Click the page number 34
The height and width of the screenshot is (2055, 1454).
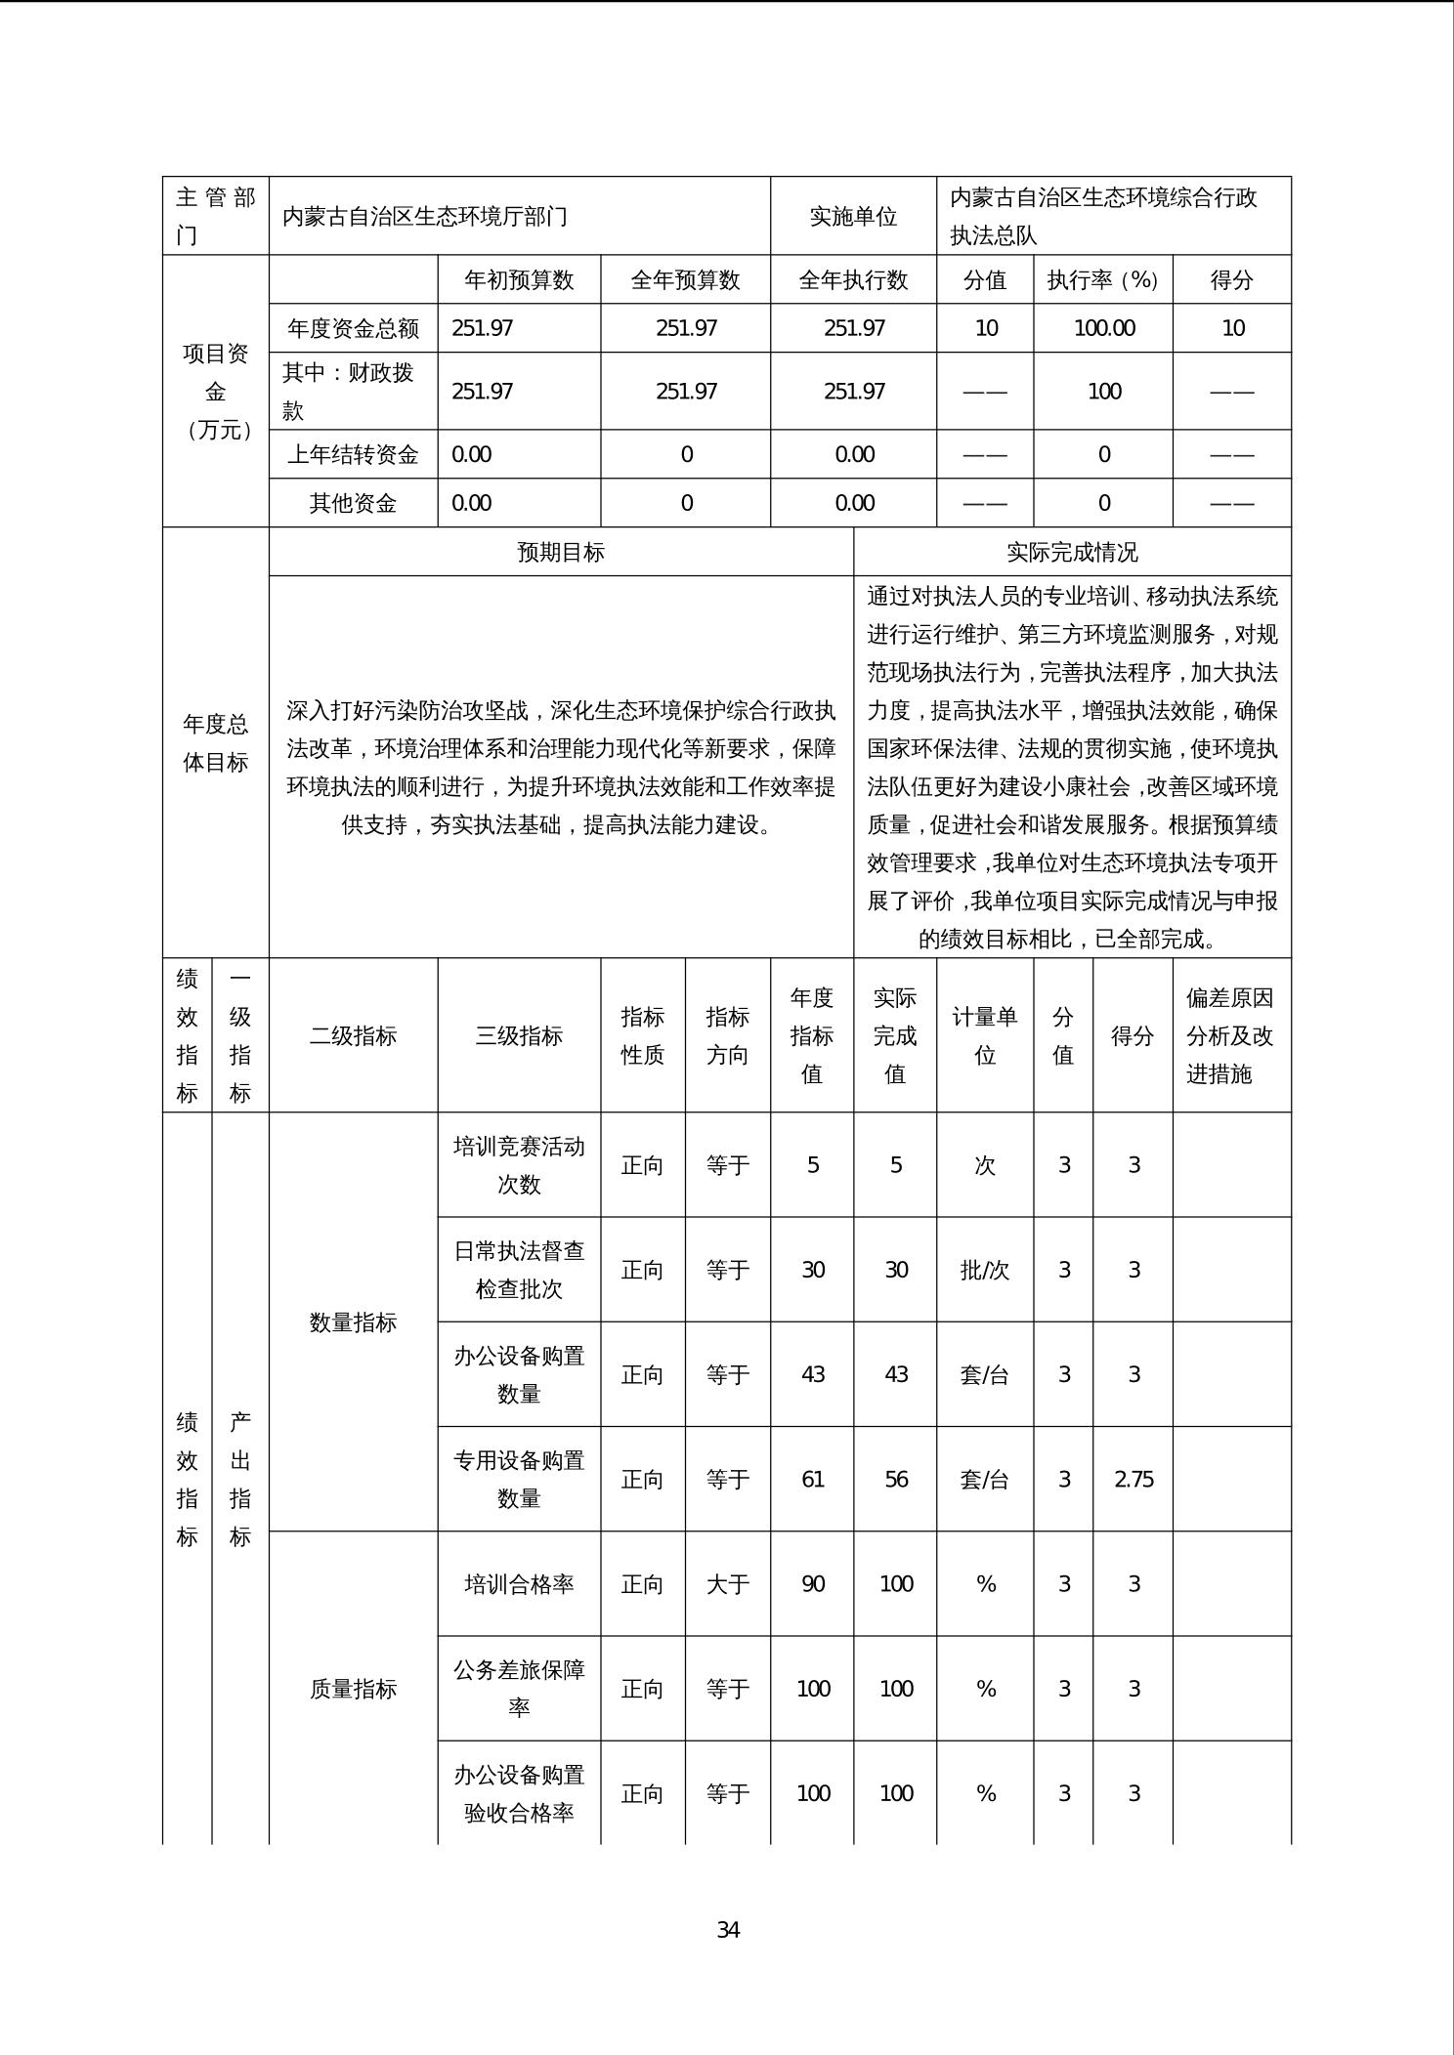point(728,1930)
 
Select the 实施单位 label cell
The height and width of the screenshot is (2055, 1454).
point(853,216)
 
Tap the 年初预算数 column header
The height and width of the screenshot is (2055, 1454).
point(519,280)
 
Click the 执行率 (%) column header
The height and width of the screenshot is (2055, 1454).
point(1102,280)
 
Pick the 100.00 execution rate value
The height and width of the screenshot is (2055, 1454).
point(1104,328)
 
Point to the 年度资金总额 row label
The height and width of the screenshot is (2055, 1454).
point(353,328)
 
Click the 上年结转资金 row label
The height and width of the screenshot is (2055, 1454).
point(353,454)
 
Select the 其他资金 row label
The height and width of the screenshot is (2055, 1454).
point(353,503)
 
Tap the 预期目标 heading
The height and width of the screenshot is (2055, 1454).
point(561,552)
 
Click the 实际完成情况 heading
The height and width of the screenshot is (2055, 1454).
point(1072,552)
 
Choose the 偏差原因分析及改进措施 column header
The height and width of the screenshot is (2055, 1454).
point(1230,1035)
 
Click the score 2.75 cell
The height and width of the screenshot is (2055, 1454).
point(1133,1479)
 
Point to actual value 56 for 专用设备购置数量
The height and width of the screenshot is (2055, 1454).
point(896,1479)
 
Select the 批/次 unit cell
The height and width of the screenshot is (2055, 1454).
point(984,1270)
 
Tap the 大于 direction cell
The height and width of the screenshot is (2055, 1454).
point(727,1583)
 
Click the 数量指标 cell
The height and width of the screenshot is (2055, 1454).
point(353,1322)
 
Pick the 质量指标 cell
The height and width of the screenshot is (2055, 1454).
point(353,1689)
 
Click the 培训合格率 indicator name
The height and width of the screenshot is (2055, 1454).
point(519,1583)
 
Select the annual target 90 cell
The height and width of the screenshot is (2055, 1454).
point(812,1583)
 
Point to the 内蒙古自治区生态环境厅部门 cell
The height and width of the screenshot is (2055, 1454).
point(425,216)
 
